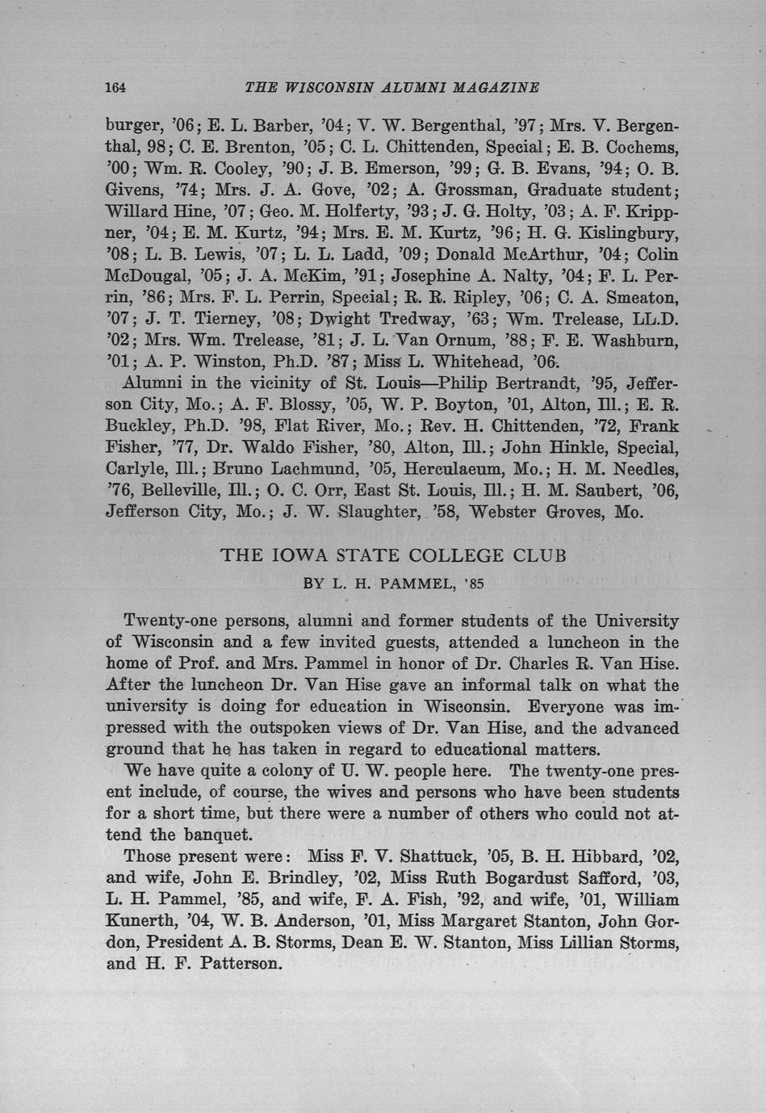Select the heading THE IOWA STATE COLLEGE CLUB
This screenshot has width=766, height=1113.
pyautogui.click(x=393, y=555)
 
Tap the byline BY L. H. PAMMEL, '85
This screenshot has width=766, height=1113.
pyautogui.click(x=394, y=584)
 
